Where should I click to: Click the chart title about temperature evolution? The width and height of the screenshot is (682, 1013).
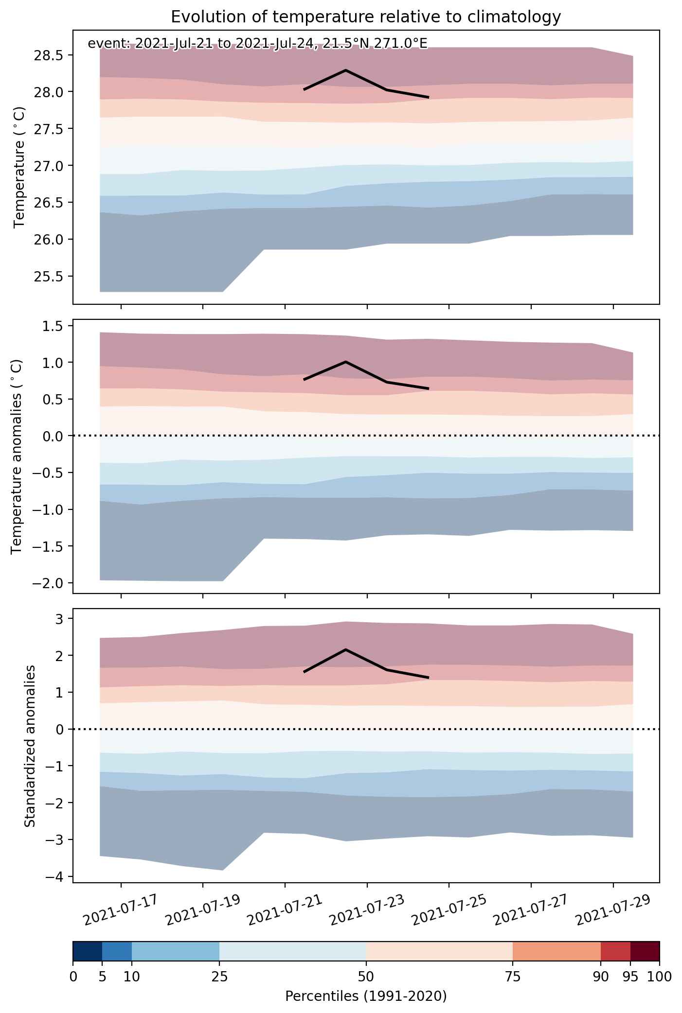(x=366, y=17)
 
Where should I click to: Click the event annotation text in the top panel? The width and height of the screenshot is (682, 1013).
(x=257, y=44)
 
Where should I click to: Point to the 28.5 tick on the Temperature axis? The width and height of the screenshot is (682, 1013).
(x=48, y=55)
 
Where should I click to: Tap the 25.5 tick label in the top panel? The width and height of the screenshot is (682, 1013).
(x=48, y=276)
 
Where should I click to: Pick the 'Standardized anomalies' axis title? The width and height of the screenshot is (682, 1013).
(x=30, y=746)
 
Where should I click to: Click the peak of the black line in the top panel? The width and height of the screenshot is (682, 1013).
(x=345, y=70)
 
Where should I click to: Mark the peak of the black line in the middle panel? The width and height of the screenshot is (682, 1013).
(x=345, y=361)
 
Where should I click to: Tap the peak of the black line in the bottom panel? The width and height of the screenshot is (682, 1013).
(x=345, y=649)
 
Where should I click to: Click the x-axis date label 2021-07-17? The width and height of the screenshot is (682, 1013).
(x=121, y=909)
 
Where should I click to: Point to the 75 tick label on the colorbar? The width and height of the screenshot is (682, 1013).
(x=513, y=976)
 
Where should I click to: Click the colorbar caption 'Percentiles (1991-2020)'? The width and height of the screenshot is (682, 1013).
(x=366, y=996)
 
